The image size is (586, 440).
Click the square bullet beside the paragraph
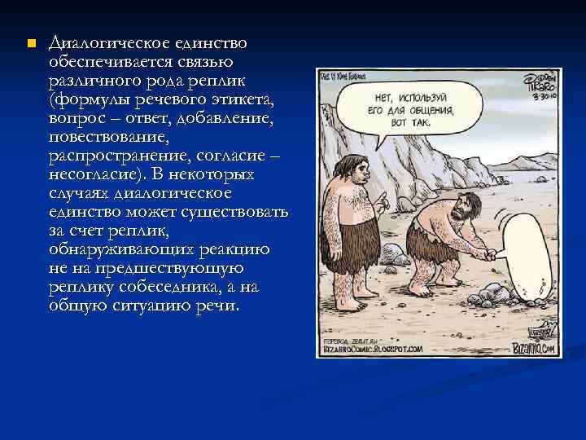click(x=30, y=42)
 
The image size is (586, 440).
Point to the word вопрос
click(x=78, y=120)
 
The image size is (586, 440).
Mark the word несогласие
click(x=97, y=176)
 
